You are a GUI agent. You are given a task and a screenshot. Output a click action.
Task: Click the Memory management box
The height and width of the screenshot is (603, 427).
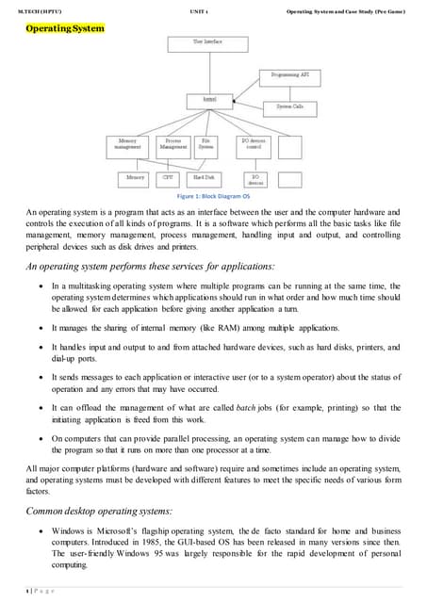coord(126,144)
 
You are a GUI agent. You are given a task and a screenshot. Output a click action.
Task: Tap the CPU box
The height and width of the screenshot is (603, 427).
coord(167,176)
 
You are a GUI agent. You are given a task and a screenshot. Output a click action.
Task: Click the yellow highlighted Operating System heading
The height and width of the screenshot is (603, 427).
coord(64,29)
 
